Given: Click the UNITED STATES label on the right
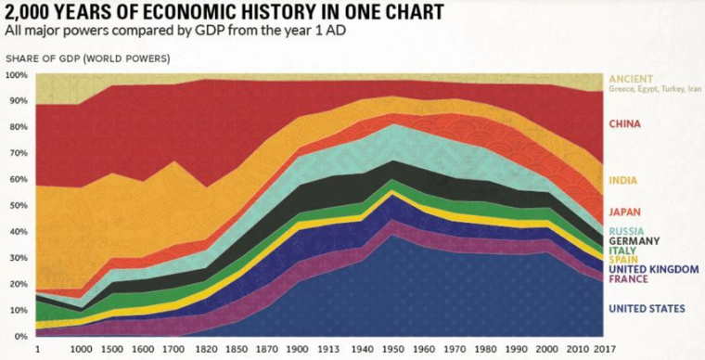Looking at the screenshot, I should (647, 308).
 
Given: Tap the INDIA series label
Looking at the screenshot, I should (622, 179).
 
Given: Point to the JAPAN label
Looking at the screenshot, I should (624, 212).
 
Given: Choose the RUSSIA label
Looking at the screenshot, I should (626, 230).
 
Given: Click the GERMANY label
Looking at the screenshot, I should (634, 240).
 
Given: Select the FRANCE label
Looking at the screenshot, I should (628, 278).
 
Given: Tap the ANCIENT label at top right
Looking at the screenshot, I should (632, 78).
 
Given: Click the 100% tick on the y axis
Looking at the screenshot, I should (17, 74).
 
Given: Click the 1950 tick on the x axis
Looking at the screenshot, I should (393, 349).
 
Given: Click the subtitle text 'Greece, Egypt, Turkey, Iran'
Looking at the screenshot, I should (653, 89).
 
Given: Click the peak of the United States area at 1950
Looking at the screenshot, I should (393, 236).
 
